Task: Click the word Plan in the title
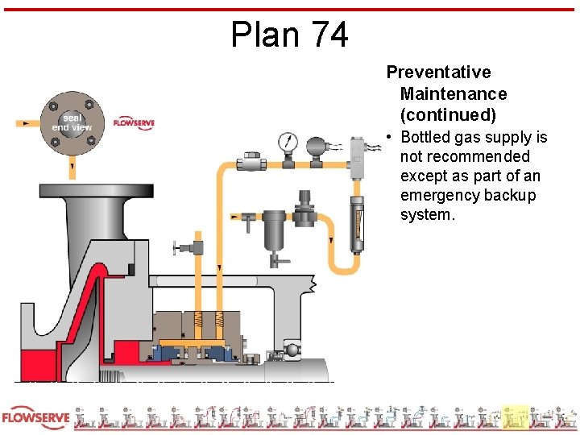[259, 35]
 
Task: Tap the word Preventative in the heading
[438, 72]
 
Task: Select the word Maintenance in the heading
[454, 94]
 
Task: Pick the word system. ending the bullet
[428, 215]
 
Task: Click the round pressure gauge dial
[288, 143]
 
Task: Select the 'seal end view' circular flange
[72, 122]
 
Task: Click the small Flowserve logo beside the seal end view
[134, 122]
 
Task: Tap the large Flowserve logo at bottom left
[35, 419]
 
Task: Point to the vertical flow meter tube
[354, 222]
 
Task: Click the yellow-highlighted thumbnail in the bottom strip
[515, 417]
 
